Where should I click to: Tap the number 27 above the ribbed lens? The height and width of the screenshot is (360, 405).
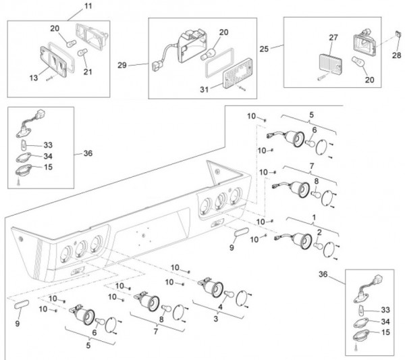332,37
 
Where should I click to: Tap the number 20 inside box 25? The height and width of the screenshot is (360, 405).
369,79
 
